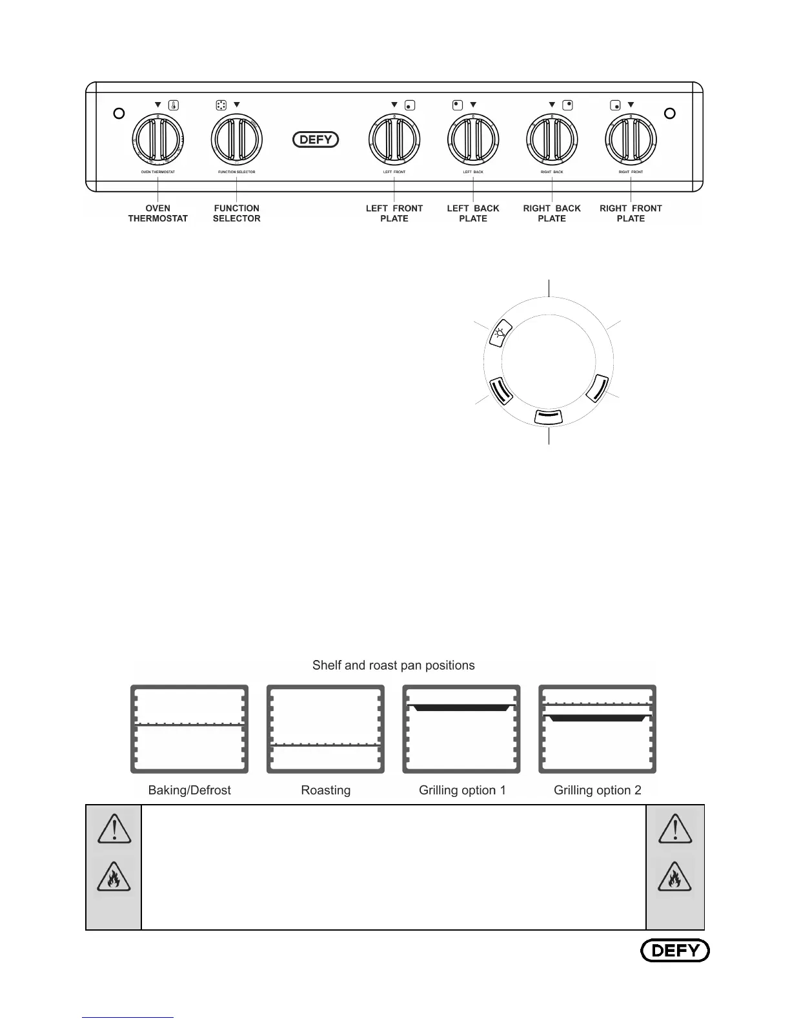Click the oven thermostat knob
[158, 139]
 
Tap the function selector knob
[237, 139]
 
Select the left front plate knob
[394, 139]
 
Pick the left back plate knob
[473, 139]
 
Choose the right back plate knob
[552, 139]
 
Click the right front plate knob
[631, 139]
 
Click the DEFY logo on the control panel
[316, 139]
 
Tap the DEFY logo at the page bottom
[674, 950]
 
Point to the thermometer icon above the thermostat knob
[174, 105]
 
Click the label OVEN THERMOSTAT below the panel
[158, 213]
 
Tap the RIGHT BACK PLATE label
[552, 213]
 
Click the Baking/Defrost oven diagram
[189, 729]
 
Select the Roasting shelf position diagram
[325, 729]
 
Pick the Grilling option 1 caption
[462, 790]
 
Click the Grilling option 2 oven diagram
[597, 729]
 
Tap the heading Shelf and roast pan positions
[393, 665]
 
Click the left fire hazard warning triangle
[114, 878]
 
